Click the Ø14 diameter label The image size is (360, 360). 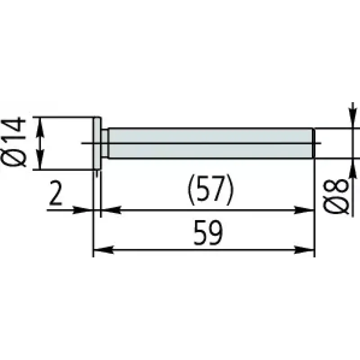(x=13, y=142)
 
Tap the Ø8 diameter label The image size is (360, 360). (x=336, y=197)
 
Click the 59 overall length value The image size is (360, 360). (x=208, y=233)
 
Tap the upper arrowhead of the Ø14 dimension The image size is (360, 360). (x=40, y=125)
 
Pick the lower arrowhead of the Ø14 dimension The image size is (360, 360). (x=40, y=162)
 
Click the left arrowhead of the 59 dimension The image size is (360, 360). (x=103, y=250)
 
